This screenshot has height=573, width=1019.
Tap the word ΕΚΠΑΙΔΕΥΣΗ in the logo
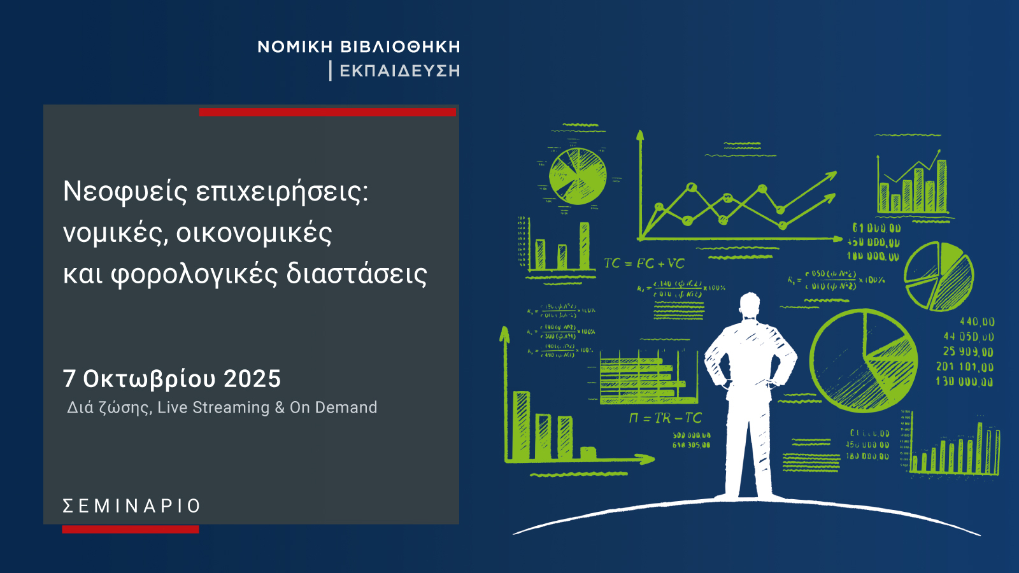(400, 71)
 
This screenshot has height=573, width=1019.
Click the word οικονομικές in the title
(253, 233)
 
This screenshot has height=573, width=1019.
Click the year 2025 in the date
(252, 379)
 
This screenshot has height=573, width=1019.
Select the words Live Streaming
(213, 407)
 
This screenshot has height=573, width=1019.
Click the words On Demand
(333, 407)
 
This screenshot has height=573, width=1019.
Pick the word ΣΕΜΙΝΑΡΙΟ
(132, 506)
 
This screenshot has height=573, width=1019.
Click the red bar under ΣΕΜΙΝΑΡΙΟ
(131, 529)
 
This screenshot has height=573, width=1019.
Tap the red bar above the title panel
(327, 112)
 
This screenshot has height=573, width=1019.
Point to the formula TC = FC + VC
(644, 264)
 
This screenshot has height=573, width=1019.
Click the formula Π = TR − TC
(666, 418)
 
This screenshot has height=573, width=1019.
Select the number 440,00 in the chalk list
(977, 322)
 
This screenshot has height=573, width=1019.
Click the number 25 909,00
(968, 352)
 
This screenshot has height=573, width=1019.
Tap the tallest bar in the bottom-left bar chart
(522, 425)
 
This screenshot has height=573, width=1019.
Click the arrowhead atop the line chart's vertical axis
(640, 135)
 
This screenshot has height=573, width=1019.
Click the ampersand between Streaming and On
(280, 407)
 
